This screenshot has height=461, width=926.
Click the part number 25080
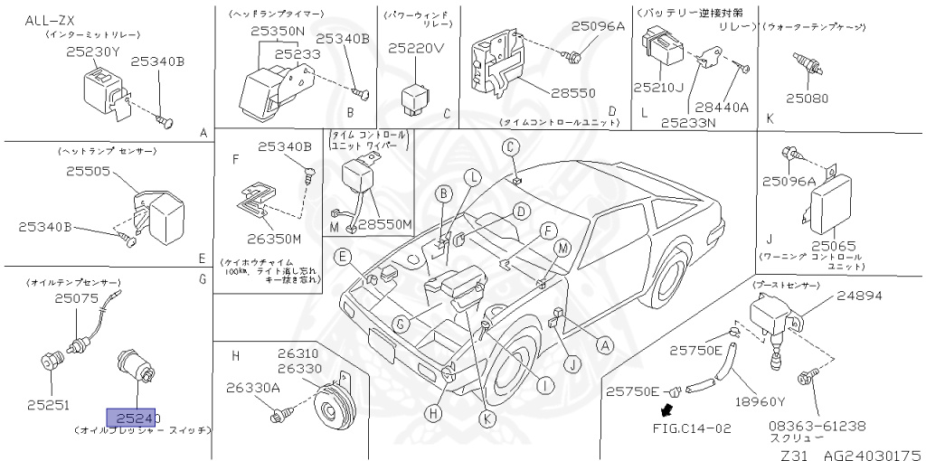tap(807, 99)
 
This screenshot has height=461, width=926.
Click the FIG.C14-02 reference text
tap(692, 428)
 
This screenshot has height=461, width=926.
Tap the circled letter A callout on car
tap(605, 343)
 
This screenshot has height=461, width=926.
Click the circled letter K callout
tap(488, 418)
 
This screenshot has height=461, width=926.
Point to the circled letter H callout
tap(434, 413)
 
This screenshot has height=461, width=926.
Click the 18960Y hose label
tap(763, 400)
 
